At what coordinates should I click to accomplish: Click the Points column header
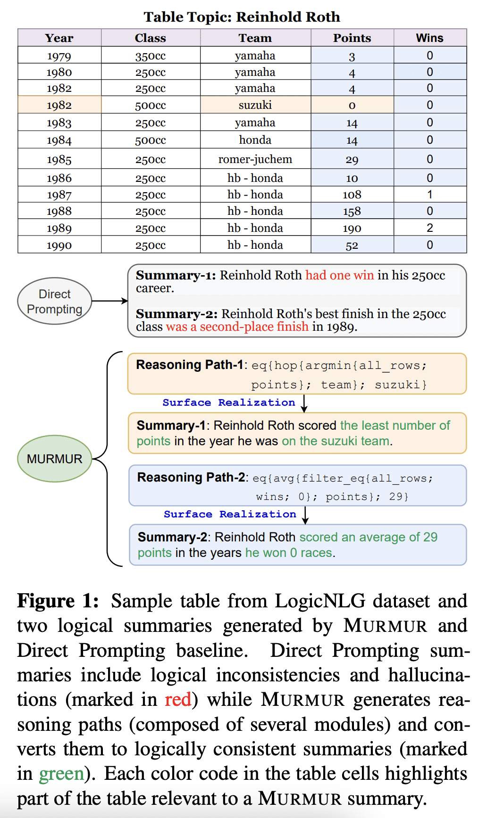(x=352, y=38)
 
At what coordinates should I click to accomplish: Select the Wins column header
(x=429, y=38)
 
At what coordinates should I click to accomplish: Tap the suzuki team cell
(x=255, y=105)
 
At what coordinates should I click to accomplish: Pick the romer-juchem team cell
(x=255, y=159)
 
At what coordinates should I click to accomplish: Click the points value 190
(x=352, y=229)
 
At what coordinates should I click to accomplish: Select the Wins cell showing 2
(x=429, y=228)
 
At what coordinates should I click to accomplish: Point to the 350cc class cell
(x=151, y=56)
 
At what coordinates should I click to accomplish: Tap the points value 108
(x=352, y=195)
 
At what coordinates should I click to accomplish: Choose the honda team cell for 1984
(x=255, y=140)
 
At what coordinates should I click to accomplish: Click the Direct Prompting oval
(x=54, y=301)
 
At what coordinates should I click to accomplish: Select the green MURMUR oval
(x=54, y=458)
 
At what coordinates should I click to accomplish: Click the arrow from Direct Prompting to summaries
(x=109, y=301)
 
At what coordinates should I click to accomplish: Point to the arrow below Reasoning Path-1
(x=304, y=403)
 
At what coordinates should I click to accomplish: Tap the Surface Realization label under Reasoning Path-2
(x=230, y=514)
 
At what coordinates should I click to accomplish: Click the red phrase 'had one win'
(x=339, y=275)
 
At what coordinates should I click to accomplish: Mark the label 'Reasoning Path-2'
(x=190, y=477)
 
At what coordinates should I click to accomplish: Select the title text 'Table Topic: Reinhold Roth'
(x=242, y=17)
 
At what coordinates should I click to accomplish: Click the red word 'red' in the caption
(x=178, y=700)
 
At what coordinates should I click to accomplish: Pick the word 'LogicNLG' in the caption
(x=320, y=601)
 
